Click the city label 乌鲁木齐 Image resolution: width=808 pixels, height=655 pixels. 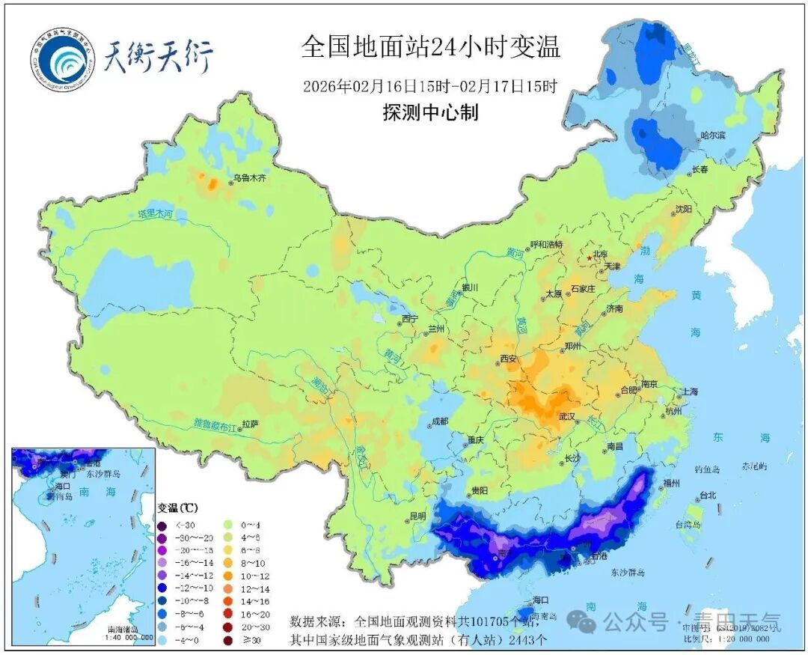[249, 178]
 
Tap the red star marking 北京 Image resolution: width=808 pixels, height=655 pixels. [590, 258]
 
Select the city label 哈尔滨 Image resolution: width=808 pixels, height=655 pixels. [713, 135]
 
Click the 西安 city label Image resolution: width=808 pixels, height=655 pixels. [508, 359]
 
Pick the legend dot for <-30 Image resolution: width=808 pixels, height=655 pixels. [162, 525]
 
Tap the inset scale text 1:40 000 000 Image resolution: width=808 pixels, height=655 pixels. [125, 637]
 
